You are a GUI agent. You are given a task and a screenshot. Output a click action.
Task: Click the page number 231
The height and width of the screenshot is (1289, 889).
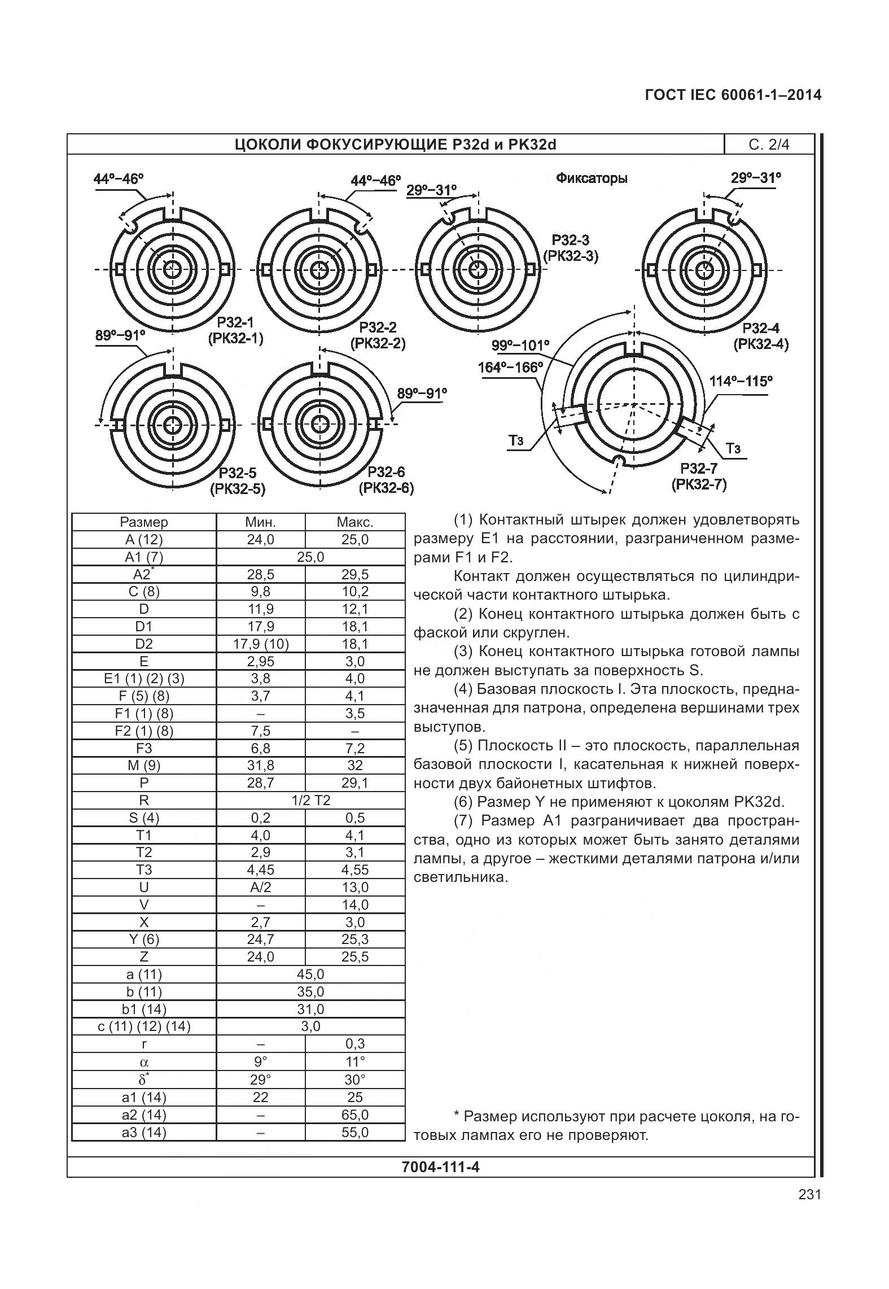[x=809, y=1211]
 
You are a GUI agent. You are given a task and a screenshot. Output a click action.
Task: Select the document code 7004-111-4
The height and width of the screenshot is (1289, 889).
[x=440, y=1166]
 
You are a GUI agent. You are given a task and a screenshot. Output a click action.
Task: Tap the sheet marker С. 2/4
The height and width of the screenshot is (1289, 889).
[x=769, y=145]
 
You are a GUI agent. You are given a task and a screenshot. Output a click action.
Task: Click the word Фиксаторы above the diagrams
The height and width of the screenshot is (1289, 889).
[x=592, y=178]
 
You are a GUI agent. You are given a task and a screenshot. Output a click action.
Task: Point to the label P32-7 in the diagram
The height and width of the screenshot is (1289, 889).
[x=698, y=468]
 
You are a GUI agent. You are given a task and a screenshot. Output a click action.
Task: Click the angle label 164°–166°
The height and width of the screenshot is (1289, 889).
[x=510, y=367]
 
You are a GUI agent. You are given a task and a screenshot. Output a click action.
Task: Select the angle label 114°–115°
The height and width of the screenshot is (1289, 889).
[x=741, y=381]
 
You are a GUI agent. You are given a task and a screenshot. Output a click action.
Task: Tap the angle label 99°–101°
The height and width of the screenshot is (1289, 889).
[x=520, y=345]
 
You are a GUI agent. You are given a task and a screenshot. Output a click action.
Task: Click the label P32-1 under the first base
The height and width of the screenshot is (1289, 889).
[x=235, y=322]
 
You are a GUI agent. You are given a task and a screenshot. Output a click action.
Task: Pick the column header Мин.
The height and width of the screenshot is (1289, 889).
[x=260, y=522]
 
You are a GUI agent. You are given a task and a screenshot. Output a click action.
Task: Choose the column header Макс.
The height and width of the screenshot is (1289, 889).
[x=354, y=522]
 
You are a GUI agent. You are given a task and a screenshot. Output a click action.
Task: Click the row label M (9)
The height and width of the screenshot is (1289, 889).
[x=144, y=766]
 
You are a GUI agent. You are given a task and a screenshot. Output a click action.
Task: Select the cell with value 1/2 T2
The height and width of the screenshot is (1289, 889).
[x=310, y=800]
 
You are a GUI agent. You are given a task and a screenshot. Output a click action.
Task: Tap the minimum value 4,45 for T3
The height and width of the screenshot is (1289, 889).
[x=260, y=870]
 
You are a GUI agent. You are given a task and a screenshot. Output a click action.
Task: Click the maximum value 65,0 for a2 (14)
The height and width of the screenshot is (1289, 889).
[x=354, y=1115]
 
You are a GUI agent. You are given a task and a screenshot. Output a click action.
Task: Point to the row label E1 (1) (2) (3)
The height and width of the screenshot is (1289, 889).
[x=144, y=679]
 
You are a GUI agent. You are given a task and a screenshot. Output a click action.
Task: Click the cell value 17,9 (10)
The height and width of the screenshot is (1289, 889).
[x=260, y=644]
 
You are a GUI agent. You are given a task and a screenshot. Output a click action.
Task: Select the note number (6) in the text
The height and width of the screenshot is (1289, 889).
[x=463, y=802]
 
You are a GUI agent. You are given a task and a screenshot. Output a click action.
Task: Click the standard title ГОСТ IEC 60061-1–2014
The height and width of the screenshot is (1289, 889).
[x=733, y=95]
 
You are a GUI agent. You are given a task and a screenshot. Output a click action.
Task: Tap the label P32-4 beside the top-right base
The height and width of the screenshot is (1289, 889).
[x=760, y=328]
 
